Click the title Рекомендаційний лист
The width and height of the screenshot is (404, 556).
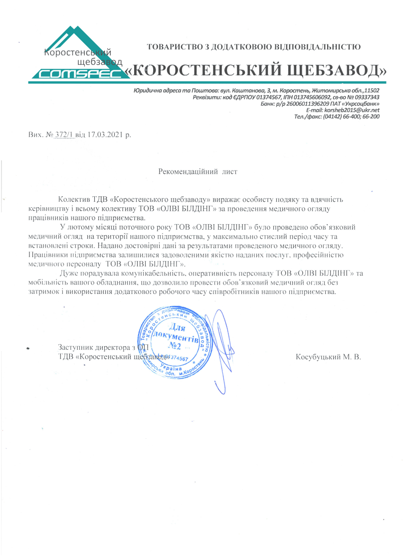[198, 172]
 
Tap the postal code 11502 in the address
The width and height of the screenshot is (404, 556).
[370, 90]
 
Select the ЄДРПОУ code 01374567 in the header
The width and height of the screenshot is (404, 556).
[255, 97]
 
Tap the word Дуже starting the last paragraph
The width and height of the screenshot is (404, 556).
[67, 273]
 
